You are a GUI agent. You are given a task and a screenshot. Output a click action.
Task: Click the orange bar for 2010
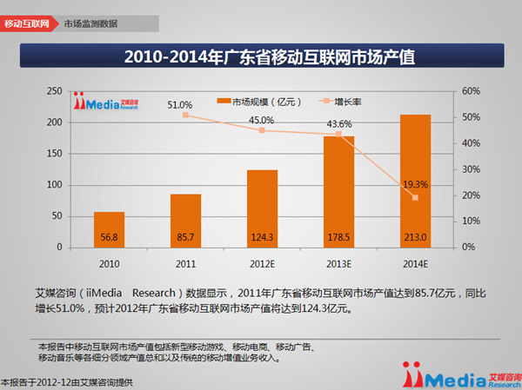[109, 229]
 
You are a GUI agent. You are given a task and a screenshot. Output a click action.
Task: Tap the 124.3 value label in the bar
[262, 235]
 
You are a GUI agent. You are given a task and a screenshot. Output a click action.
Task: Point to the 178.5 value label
[338, 235]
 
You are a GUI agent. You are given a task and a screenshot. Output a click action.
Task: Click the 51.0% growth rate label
[180, 105]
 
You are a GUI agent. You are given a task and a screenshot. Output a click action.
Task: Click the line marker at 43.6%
[338, 134]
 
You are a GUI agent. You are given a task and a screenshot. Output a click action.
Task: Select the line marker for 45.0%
[262, 130]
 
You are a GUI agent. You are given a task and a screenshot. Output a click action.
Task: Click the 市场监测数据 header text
[90, 23]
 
